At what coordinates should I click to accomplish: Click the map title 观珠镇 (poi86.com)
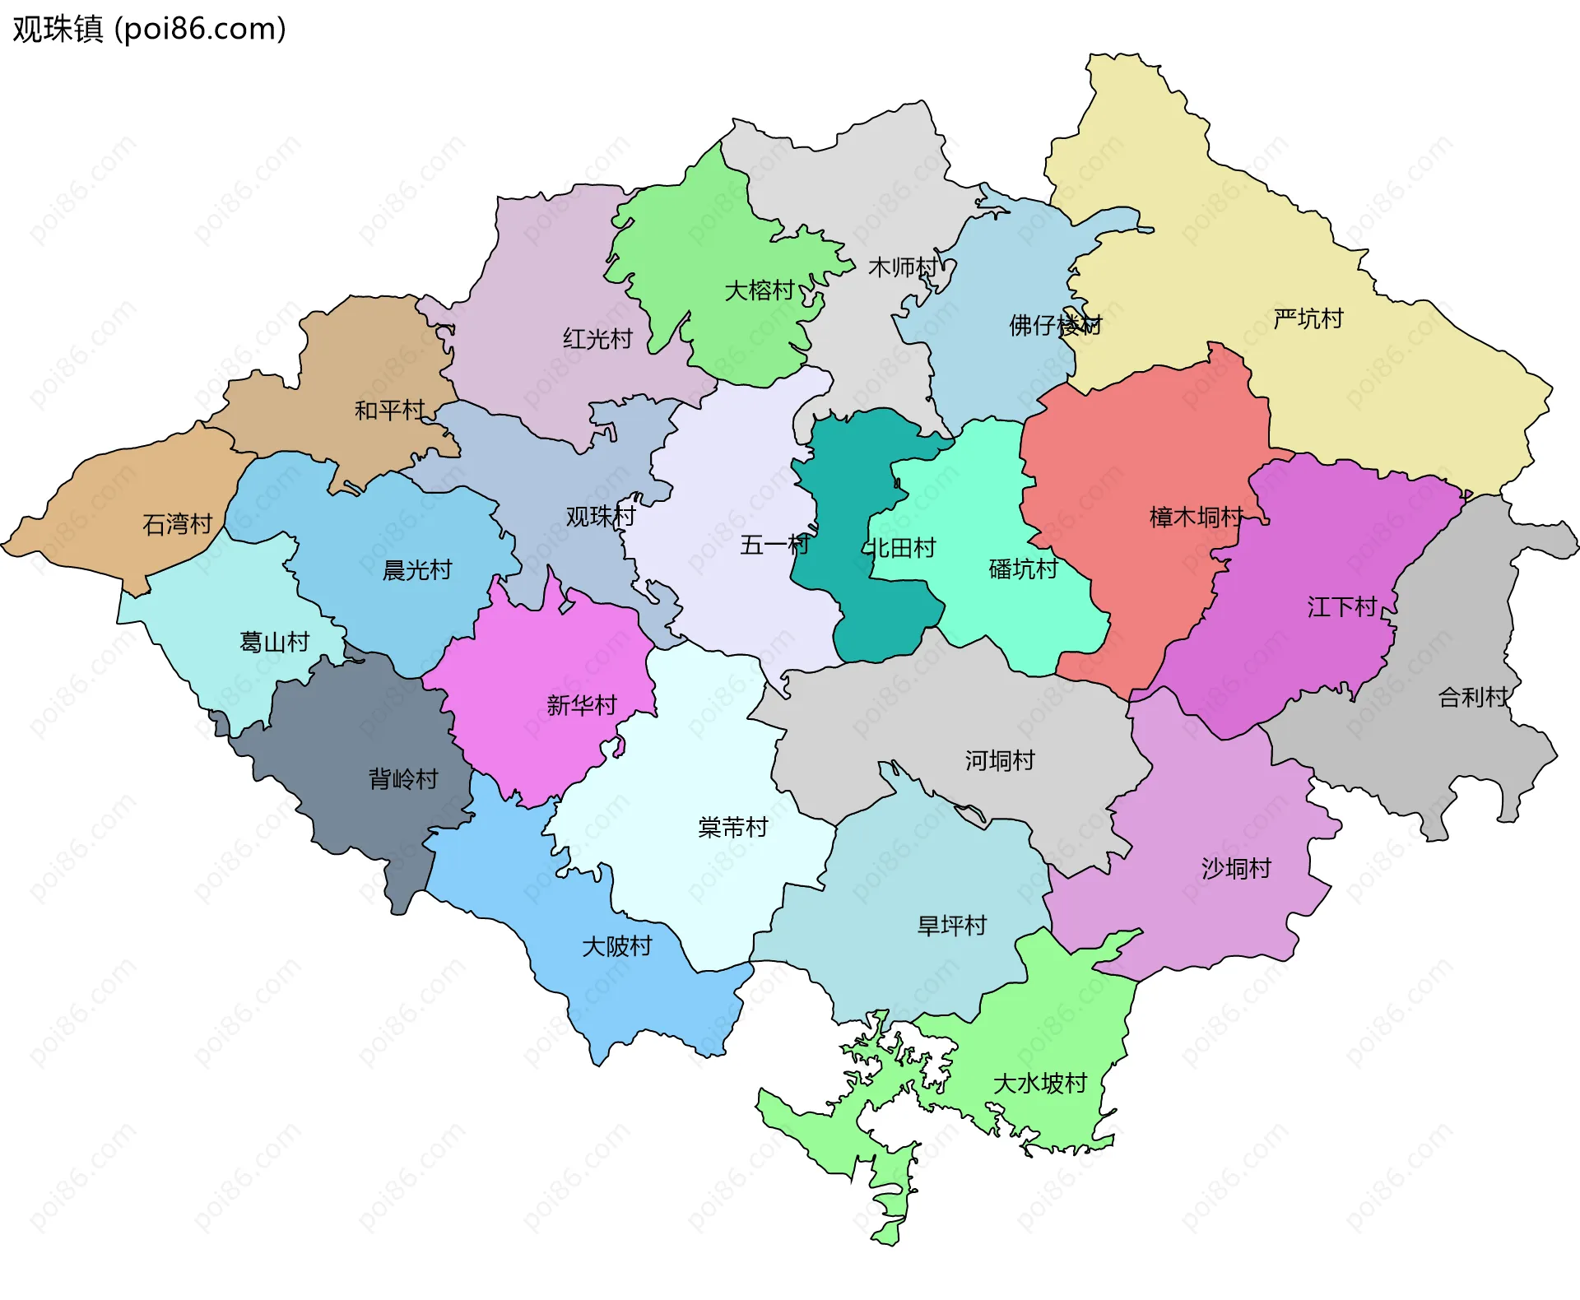pos(149,29)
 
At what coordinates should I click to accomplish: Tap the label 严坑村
pos(1308,318)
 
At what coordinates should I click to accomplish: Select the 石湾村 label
pos(177,523)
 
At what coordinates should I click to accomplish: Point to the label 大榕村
pos(759,290)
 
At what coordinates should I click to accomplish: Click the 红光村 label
pos(597,338)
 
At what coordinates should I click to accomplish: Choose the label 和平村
pos(389,409)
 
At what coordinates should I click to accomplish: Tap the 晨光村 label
pos(417,569)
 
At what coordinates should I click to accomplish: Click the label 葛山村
pos(274,641)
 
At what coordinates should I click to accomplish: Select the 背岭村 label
pos(403,778)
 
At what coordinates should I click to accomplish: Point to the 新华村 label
pos(581,705)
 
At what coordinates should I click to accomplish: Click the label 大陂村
pos(616,946)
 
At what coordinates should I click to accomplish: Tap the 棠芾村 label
pos(732,827)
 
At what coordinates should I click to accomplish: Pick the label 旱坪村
pos(951,926)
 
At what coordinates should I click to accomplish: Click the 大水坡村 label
pos(1040,1083)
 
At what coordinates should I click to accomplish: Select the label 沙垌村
pos(1236,868)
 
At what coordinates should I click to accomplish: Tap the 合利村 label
pos(1472,697)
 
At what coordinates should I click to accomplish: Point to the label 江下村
pos(1342,607)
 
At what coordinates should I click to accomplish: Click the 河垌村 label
pos(1000,760)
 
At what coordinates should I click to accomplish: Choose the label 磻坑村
pos(1023,569)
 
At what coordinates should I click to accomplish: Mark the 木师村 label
pos(903,267)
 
